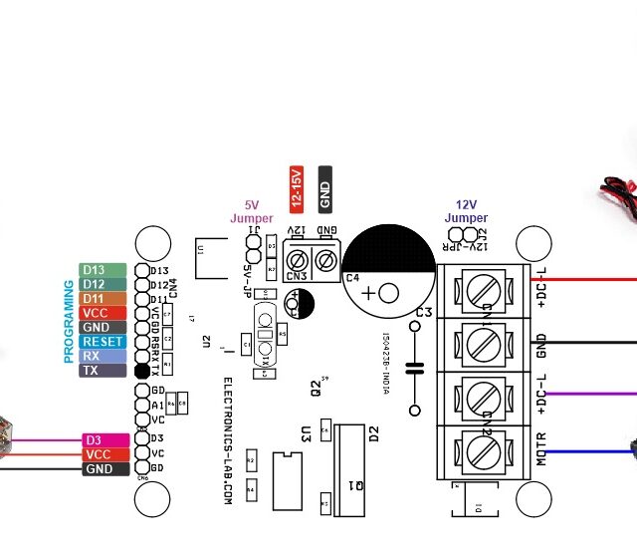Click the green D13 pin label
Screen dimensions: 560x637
[103, 270]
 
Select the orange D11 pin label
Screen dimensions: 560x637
[103, 299]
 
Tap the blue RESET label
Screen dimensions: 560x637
[103, 342]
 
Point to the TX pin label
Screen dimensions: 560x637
[103, 370]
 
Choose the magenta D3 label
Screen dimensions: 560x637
[105, 439]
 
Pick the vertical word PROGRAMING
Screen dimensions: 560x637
[69, 320]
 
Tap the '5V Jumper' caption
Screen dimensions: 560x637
[251, 211]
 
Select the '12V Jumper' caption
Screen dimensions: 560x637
[466, 211]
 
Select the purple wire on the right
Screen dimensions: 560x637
[592, 395]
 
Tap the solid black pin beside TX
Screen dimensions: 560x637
[142, 371]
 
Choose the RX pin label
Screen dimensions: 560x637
[103, 356]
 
